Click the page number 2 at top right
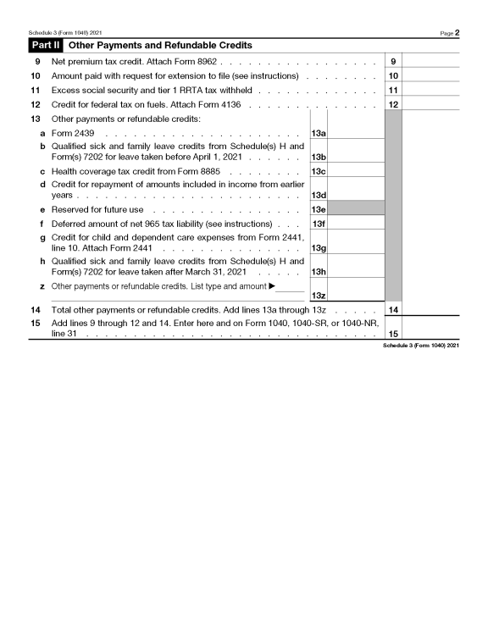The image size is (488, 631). click(x=456, y=32)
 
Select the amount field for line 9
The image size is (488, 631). click(x=430, y=62)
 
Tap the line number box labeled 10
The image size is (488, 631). click(x=393, y=76)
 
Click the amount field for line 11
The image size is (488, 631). click(x=430, y=90)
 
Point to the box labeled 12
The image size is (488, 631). click(x=393, y=104)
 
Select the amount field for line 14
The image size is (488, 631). click(x=430, y=310)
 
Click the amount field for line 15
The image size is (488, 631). click(x=430, y=329)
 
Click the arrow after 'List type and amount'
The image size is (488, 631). click(x=272, y=285)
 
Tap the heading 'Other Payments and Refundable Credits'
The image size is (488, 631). click(x=159, y=45)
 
